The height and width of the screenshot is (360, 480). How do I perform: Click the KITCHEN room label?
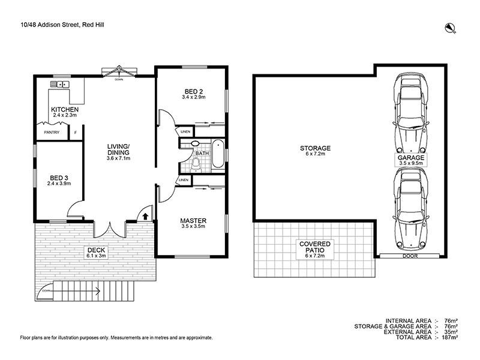(x=65, y=110)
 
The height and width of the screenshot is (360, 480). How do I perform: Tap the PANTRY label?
(x=52, y=133)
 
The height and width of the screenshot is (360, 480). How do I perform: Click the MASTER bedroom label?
(x=193, y=221)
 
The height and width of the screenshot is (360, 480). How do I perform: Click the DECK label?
(x=96, y=251)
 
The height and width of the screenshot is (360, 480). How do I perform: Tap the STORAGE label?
(x=316, y=148)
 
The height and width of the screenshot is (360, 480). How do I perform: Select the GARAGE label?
(x=410, y=158)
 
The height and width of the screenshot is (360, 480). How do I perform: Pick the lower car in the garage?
(x=410, y=207)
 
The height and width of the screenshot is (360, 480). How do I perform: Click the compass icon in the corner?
(x=449, y=26)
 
